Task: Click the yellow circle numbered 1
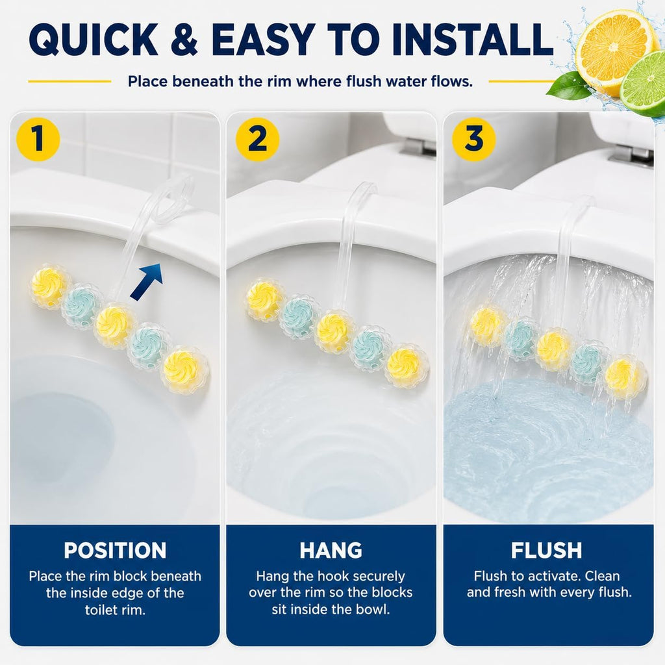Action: [x=38, y=140]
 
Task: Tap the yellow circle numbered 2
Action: [x=257, y=140]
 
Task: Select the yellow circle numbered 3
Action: [x=473, y=140]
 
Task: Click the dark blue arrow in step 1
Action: [x=147, y=282]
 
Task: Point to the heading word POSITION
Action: [x=115, y=551]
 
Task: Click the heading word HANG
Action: [x=331, y=551]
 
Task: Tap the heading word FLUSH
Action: [x=547, y=551]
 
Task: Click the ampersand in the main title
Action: [x=184, y=39]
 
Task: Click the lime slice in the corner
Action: [x=644, y=84]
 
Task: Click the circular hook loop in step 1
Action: [x=171, y=199]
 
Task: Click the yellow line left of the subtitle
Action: [x=69, y=81]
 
